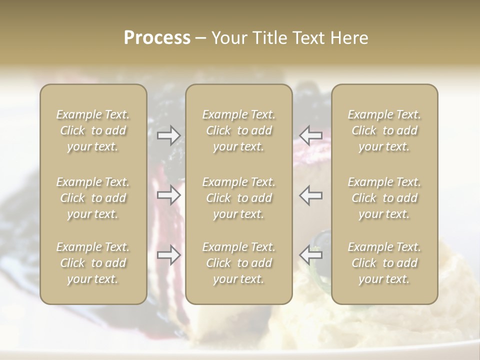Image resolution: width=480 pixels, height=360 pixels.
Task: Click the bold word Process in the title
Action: pos(157,38)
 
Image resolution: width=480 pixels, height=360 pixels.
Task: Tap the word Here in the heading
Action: pos(348,38)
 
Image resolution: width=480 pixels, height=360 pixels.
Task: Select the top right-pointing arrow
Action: pos(169,135)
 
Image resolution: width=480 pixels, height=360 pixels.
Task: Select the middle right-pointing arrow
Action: pos(169,195)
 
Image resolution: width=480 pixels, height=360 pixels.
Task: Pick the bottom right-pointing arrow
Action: pos(169,255)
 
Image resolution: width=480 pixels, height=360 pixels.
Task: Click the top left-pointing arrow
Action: pos(311,135)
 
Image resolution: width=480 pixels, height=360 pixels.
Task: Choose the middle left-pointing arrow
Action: pos(311,195)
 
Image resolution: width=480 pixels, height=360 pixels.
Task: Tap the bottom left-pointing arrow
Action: pos(311,255)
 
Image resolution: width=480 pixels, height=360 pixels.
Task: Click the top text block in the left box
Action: pos(93,130)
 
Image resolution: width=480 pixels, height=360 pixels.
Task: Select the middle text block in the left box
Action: pos(93,198)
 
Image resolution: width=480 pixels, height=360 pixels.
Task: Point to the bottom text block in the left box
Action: pos(93,263)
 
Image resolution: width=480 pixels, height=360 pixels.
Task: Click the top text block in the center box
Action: pos(239,130)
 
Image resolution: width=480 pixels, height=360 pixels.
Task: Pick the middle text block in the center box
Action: pos(239,198)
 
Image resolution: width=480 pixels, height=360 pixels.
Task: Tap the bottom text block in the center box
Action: pos(239,263)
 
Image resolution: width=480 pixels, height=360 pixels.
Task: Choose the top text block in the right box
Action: pos(384,130)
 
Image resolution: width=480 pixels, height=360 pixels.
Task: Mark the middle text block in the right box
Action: pos(384,198)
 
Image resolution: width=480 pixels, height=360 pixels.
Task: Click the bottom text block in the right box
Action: pos(384,263)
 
